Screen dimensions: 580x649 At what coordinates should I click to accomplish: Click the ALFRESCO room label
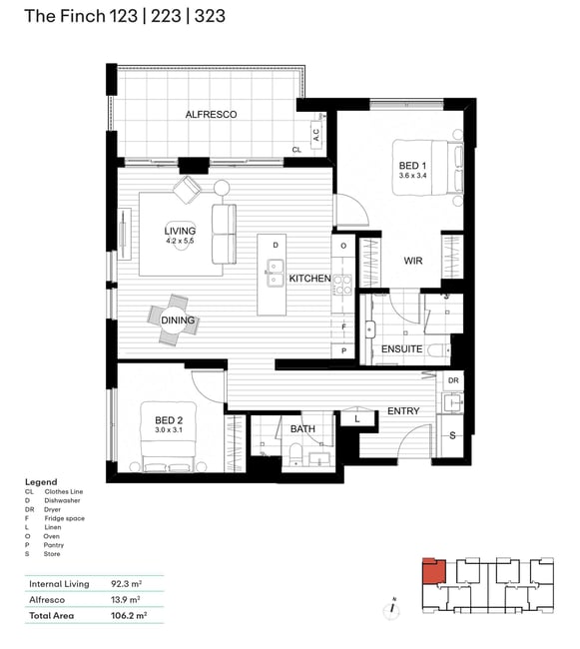[x=211, y=114]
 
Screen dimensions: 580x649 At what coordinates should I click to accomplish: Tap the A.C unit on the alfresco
[x=316, y=135]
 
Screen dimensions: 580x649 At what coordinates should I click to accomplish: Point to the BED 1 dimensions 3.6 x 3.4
[x=412, y=176]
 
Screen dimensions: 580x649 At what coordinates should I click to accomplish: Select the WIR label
[x=413, y=261]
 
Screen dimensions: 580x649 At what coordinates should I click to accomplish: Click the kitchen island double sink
[x=275, y=273]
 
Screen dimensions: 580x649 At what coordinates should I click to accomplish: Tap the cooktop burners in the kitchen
[x=343, y=285]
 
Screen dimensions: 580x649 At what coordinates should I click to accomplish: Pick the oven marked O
[x=343, y=246]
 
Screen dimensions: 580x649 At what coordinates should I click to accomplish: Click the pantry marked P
[x=343, y=351]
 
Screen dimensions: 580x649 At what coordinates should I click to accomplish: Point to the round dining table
[x=175, y=320]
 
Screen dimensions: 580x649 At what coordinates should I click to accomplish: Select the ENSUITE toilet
[x=438, y=351]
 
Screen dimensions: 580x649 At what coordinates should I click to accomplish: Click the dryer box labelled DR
[x=453, y=380]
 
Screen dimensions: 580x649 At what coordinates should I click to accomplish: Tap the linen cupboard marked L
[x=357, y=419]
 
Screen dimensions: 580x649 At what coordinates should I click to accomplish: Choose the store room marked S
[x=452, y=435]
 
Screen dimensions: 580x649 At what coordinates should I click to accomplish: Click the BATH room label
[x=302, y=428]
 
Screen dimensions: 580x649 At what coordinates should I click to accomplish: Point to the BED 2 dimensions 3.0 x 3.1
[x=169, y=430]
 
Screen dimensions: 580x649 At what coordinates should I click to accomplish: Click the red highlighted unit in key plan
[x=434, y=571]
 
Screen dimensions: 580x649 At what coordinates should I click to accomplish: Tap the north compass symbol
[x=391, y=609]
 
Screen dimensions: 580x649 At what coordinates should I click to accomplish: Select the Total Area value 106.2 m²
[x=129, y=615]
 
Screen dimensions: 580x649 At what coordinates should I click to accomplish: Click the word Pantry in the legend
[x=54, y=545]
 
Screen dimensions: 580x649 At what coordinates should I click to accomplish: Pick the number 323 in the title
[x=210, y=16]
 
